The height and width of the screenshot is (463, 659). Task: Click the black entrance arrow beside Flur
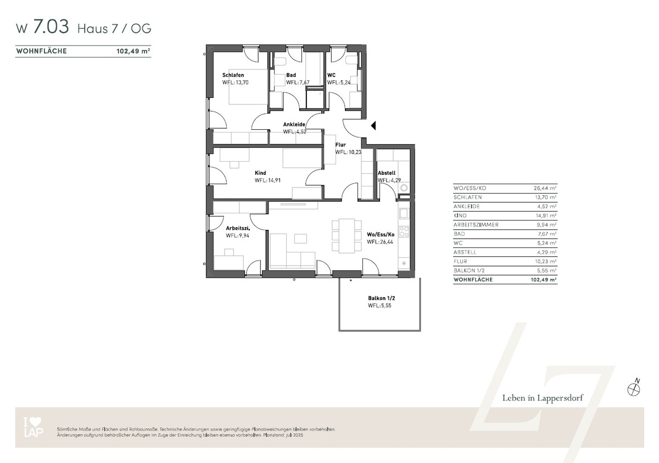click(x=373, y=126)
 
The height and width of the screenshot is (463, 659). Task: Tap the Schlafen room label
click(x=233, y=75)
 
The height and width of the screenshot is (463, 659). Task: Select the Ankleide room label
click(x=294, y=124)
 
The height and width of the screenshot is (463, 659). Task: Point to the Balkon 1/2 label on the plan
click(x=381, y=298)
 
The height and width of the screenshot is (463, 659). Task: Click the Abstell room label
click(x=387, y=173)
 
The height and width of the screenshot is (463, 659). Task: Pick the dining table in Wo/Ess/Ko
click(x=347, y=235)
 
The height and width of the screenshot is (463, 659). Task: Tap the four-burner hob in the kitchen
click(x=404, y=232)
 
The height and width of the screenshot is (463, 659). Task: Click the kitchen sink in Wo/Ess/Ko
click(x=404, y=213)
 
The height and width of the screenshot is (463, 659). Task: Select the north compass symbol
click(x=634, y=388)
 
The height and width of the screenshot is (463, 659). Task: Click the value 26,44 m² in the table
click(x=545, y=188)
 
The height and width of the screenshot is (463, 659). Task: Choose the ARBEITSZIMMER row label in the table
click(x=476, y=225)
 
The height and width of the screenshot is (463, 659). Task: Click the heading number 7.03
click(x=51, y=26)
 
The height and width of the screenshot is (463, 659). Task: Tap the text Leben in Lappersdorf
click(x=543, y=398)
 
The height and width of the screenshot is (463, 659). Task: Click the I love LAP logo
click(x=33, y=427)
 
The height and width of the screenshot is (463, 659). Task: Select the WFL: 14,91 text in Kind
click(x=268, y=180)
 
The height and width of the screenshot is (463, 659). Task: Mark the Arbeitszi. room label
click(x=238, y=228)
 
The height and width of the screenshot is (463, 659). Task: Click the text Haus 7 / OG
click(x=114, y=29)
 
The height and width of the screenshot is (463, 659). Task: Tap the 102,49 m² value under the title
click(x=133, y=51)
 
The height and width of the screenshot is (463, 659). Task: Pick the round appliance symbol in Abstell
click(x=404, y=188)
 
